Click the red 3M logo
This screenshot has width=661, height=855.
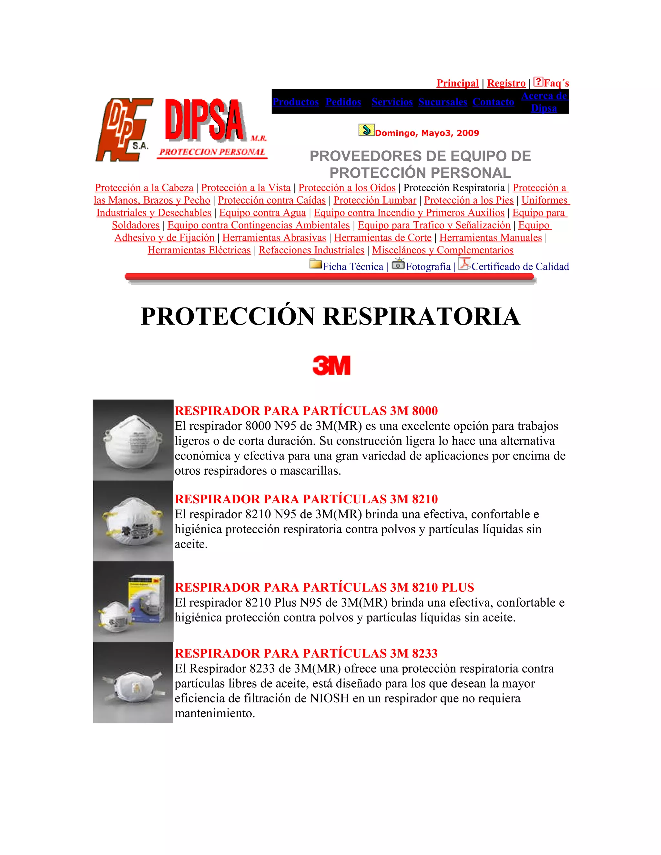point(331,365)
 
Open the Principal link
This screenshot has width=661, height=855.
point(457,83)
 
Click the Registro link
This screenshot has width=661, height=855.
point(506,83)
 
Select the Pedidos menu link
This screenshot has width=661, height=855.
point(343,102)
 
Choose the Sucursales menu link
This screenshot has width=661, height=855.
point(442,102)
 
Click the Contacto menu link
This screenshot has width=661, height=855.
point(493,102)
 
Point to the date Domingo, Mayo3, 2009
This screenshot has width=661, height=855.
point(427,133)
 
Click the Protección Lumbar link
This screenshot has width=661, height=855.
point(375,200)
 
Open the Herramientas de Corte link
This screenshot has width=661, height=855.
point(382,238)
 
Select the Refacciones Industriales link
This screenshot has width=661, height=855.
point(311,250)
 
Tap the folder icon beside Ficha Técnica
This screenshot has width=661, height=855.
point(315,264)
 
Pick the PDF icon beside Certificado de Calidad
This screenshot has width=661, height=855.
point(464,264)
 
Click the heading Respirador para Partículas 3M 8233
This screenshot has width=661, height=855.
point(306,653)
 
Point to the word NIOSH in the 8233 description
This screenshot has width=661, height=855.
point(329,699)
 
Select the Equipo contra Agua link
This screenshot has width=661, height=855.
point(262,213)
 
